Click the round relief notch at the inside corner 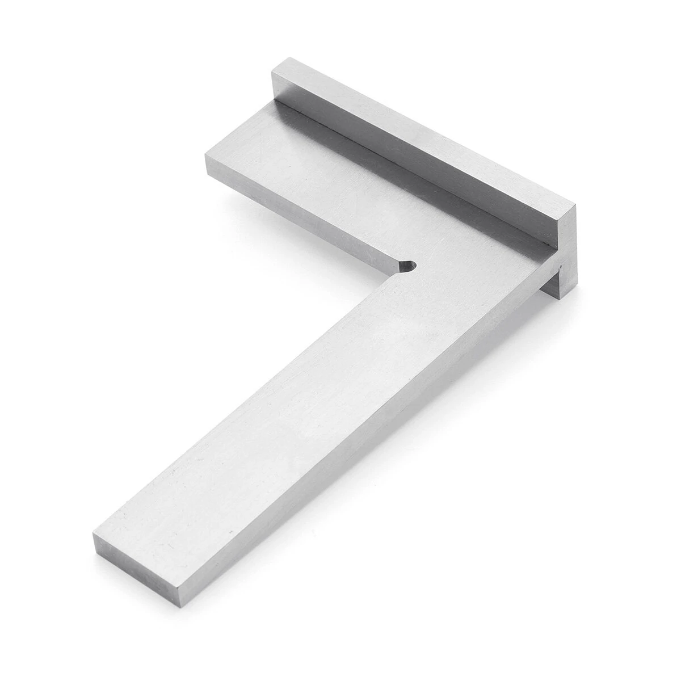(x=407, y=266)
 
